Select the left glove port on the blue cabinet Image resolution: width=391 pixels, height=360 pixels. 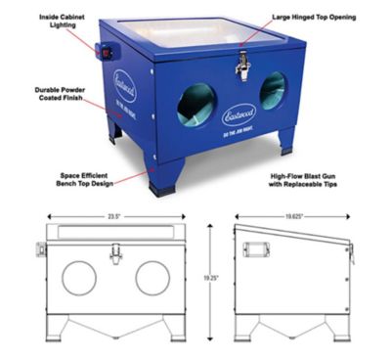coord(196,105)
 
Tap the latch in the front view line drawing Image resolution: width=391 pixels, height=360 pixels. coord(114,251)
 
